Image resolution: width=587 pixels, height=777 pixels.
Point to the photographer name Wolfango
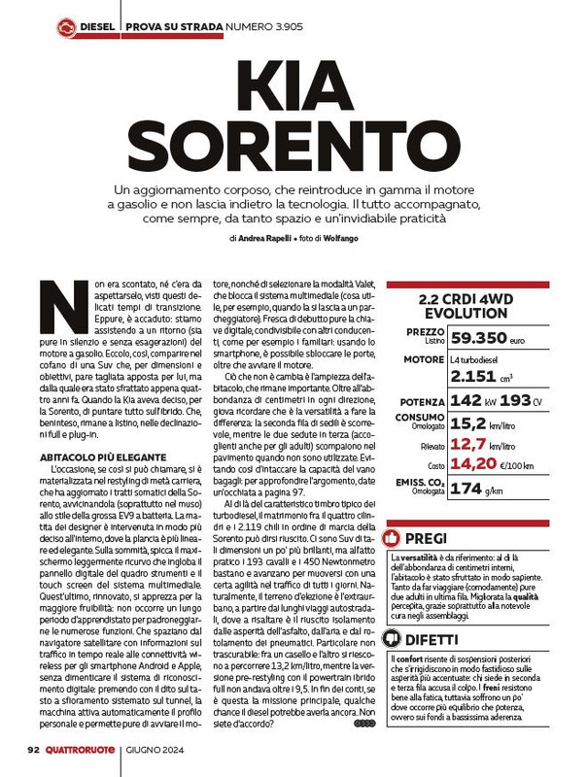(343, 237)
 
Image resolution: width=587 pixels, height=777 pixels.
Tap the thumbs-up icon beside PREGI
(393, 536)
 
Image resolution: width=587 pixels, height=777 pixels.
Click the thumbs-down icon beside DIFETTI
(393, 638)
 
